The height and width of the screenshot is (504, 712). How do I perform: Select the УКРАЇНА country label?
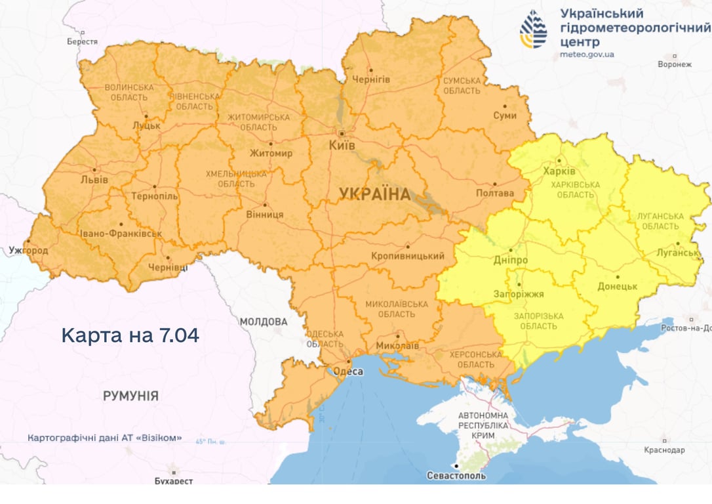pos(374,194)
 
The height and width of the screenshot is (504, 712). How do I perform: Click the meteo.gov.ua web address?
pos(587,55)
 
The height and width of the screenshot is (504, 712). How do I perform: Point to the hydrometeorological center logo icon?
pos(533,30)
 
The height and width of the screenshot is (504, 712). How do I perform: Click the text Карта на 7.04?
pos(130,335)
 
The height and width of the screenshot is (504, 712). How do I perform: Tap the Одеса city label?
pos(348,372)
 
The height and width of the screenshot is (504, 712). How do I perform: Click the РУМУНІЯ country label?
pos(130,396)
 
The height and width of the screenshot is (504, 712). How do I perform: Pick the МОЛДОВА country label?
pos(263,322)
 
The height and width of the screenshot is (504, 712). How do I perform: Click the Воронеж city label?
pos(675,64)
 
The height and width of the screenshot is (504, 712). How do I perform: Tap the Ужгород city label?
pos(28,250)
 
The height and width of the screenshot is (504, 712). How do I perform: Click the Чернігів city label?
pos(371,79)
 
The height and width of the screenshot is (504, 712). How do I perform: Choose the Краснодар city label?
pos(664,450)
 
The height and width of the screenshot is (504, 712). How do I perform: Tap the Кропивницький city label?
pos(407,256)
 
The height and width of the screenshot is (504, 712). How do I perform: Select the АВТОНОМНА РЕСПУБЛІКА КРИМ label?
pos(483,426)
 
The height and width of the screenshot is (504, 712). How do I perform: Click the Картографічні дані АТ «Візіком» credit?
pos(105,438)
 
